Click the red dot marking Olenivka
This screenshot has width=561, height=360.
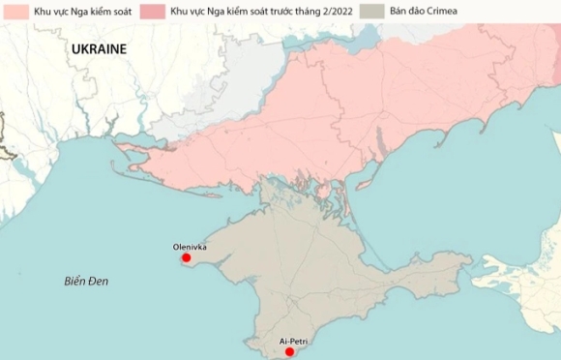pos(186,258)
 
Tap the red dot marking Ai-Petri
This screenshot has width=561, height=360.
pos(288,352)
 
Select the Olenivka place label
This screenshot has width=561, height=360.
pos(190,247)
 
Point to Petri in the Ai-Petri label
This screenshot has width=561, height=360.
pos(301,342)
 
